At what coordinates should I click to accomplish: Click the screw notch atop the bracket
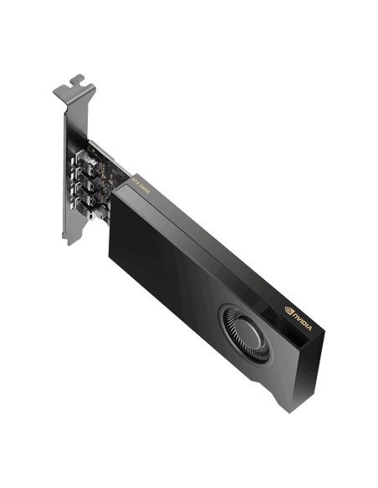(x=76, y=82)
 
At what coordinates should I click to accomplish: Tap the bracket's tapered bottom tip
(x=74, y=238)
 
